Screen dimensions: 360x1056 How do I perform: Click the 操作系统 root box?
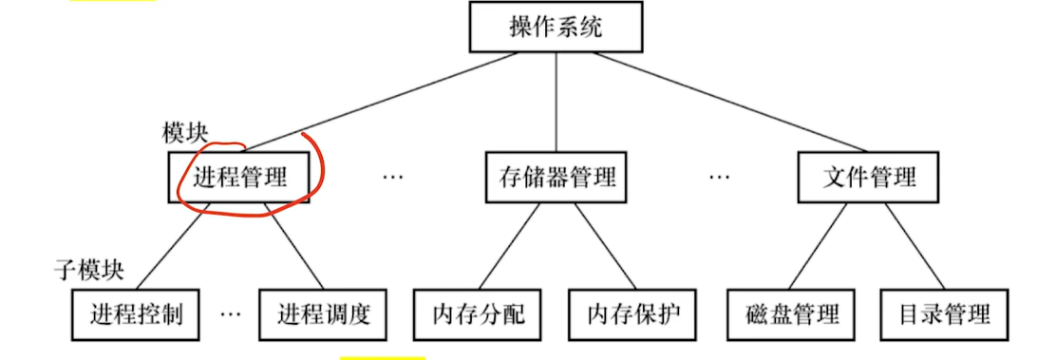[x=556, y=27]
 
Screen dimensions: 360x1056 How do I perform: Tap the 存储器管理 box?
[x=556, y=178]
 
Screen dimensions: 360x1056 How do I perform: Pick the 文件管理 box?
[x=868, y=178]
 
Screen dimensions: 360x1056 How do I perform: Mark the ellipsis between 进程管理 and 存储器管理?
[x=392, y=178]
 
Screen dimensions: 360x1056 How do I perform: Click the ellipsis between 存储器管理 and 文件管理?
[x=720, y=178]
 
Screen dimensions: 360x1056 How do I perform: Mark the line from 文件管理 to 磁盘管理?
[x=824, y=245]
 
